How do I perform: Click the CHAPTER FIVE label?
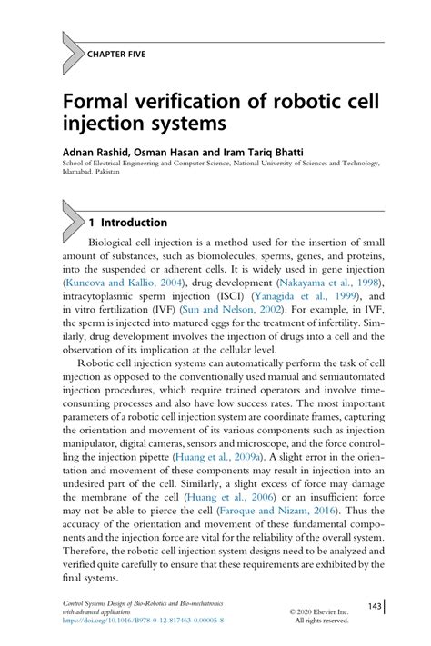coord(116,54)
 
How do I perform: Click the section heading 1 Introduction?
coord(127,223)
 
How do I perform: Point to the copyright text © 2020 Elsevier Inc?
coord(318,611)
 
